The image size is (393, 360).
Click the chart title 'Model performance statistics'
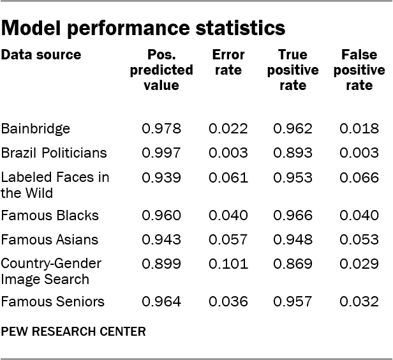tap(143, 28)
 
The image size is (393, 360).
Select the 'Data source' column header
tap(41, 55)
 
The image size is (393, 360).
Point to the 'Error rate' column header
tap(228, 63)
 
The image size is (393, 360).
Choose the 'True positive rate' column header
tap(293, 70)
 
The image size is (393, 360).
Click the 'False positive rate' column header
tap(359, 70)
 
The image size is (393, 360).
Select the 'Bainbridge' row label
tap(36, 129)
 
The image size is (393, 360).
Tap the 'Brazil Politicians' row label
tap(54, 153)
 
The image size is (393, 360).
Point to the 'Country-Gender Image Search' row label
tap(51, 271)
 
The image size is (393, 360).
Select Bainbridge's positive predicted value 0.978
tap(161, 129)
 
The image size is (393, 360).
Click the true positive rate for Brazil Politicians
tap(293, 153)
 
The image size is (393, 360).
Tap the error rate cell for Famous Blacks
tap(228, 216)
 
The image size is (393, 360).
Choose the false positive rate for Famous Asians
tap(359, 240)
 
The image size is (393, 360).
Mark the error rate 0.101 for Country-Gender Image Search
tap(228, 264)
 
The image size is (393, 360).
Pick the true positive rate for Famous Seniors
tap(293, 301)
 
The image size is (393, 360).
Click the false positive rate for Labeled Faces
tap(359, 177)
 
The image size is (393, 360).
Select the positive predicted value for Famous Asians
tap(161, 240)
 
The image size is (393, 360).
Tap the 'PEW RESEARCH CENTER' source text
tap(73, 331)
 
